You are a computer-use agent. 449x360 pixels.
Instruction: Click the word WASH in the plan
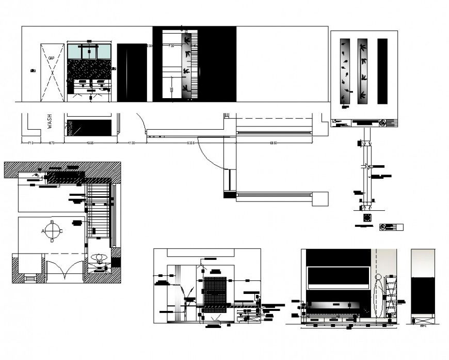[50, 122]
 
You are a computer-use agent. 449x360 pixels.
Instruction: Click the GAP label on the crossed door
[52, 59]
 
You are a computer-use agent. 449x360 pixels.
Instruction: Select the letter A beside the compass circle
[43, 231]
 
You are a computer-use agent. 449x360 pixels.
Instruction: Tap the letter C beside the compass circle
[61, 231]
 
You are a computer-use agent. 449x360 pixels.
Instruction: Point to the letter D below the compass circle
[52, 240]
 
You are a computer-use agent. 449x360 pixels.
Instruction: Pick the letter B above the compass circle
[52, 223]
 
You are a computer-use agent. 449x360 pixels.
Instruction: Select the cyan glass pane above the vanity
[89, 52]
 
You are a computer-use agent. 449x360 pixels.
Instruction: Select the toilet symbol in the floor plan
[98, 257]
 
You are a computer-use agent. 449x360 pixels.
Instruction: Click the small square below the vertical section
[367, 217]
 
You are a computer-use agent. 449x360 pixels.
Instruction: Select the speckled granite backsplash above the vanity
[89, 69]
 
